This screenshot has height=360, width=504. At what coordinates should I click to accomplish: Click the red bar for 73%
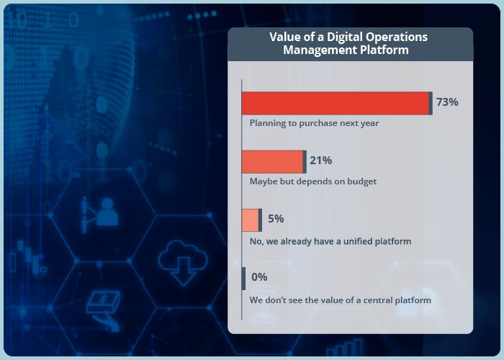336,104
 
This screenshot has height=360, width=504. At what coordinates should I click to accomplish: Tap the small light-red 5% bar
251,220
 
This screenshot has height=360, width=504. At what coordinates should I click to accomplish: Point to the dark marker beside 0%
243,277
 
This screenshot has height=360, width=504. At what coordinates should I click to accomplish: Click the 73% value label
447,102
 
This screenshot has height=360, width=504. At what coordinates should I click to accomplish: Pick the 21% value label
320,161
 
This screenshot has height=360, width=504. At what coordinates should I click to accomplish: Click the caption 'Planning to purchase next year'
314,123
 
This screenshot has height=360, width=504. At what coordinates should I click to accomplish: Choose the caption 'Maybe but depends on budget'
313,181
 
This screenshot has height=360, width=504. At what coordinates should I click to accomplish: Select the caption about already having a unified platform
330,241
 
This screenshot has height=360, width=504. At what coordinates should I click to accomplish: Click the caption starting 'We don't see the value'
340,299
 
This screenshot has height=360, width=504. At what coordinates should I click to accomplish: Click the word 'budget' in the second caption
360,181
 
